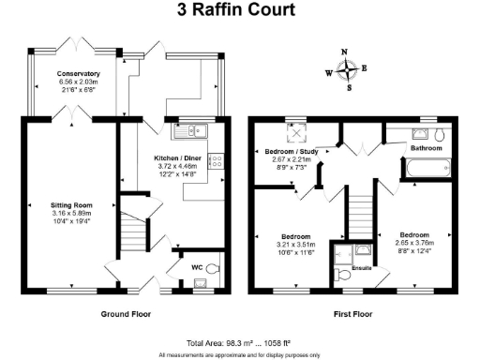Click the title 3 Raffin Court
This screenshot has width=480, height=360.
click(239, 11)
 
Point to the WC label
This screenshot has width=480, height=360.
click(197, 267)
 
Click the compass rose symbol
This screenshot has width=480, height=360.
click(348, 69)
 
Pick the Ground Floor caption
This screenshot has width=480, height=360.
click(125, 315)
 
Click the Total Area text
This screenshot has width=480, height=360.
click(239, 344)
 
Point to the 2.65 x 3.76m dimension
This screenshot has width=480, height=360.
click(413, 243)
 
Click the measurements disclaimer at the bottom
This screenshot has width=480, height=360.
click(239, 354)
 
